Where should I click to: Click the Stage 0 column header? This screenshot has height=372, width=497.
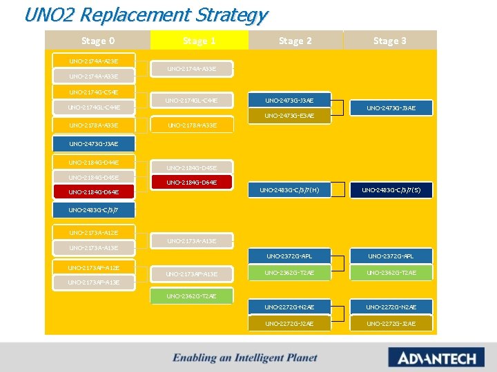pyautogui.click(x=97, y=41)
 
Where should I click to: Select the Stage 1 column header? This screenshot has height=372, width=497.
pyautogui.click(x=199, y=41)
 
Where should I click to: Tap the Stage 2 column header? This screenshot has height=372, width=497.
pyautogui.click(x=295, y=41)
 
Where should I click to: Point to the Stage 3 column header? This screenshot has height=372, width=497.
pyautogui.click(x=389, y=41)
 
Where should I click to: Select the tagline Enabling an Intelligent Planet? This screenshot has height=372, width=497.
pyautogui.click(x=245, y=358)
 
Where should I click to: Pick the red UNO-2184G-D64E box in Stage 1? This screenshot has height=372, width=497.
pyautogui.click(x=192, y=183)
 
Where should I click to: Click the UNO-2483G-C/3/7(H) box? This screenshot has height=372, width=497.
pyautogui.click(x=289, y=189)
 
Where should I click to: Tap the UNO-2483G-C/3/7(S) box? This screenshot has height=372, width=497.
pyautogui.click(x=391, y=189)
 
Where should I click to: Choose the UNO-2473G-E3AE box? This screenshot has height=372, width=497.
pyautogui.click(x=289, y=116)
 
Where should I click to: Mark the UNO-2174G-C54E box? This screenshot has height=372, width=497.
pyautogui.click(x=94, y=92)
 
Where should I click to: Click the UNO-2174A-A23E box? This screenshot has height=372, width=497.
pyautogui.click(x=94, y=61)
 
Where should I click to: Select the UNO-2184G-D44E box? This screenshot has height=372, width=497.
pyautogui.click(x=94, y=163)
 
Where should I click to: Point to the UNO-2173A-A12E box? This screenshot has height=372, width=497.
pyautogui.click(x=94, y=233)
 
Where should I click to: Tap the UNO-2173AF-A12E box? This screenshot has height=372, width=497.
pyautogui.click(x=94, y=267)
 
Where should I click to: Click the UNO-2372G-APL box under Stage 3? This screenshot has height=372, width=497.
pyautogui.click(x=391, y=256)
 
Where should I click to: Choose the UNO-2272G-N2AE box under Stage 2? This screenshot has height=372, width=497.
pyautogui.click(x=289, y=307)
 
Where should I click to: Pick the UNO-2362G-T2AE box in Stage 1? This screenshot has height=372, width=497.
pyautogui.click(x=192, y=296)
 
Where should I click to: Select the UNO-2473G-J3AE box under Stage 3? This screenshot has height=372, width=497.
pyautogui.click(x=391, y=107)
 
